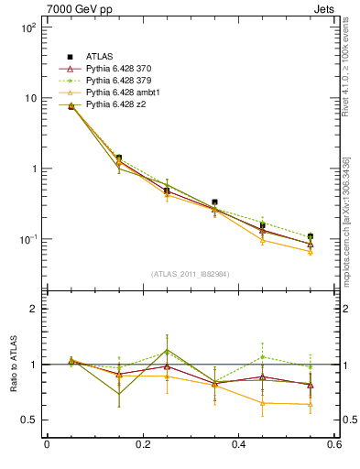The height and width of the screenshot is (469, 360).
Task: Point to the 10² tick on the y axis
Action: point(27,27)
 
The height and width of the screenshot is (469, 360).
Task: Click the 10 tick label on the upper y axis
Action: point(29,98)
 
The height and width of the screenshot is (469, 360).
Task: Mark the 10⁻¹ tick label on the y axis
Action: point(27,239)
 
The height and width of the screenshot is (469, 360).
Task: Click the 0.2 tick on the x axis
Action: point(142,444)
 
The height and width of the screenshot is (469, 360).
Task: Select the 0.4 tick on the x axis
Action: point(238,444)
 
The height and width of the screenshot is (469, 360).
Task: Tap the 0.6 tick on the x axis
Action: point(333,444)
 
